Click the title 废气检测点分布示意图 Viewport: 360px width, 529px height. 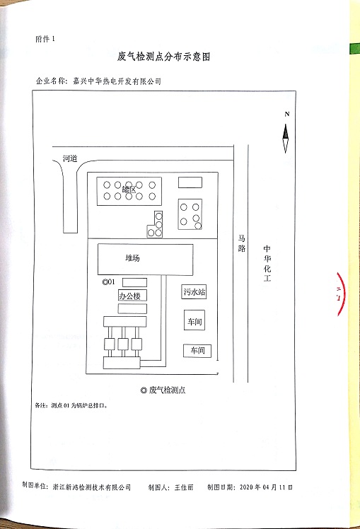pyautogui.click(x=163, y=57)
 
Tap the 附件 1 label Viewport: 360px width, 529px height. pyautogui.click(x=45, y=39)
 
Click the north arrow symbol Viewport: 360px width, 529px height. pyautogui.click(x=286, y=139)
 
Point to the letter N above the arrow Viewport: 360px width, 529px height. pyautogui.click(x=286, y=114)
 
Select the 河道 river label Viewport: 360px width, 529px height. pyautogui.click(x=70, y=158)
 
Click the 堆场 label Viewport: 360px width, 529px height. pyautogui.click(x=132, y=258)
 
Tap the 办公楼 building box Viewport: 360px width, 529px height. pyautogui.click(x=132, y=296)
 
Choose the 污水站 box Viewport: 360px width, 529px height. pyautogui.click(x=194, y=292)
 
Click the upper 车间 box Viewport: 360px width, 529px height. pyautogui.click(x=194, y=320)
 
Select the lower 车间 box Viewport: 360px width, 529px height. pyautogui.click(x=197, y=351)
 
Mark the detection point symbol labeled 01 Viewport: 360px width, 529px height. pyautogui.click(x=105, y=281)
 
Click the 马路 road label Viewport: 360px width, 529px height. pyautogui.click(x=242, y=243)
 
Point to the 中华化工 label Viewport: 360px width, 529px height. pyautogui.click(x=267, y=263)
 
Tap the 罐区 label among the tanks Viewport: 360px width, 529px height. pyautogui.click(x=129, y=190)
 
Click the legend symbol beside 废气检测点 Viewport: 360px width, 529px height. pyautogui.click(x=144, y=390)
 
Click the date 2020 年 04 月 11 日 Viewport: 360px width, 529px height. pyautogui.click(x=266, y=487)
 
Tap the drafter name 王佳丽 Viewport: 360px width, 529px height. pyautogui.click(x=184, y=487)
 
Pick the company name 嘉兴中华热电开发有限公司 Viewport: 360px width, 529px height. pyautogui.click(x=117, y=81)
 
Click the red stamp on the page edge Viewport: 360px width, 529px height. pyautogui.click(x=340, y=294)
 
